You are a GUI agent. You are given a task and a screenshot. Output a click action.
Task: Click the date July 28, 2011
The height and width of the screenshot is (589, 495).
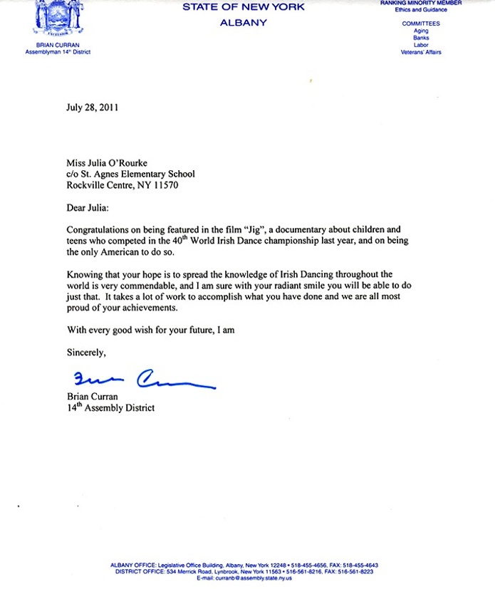92,108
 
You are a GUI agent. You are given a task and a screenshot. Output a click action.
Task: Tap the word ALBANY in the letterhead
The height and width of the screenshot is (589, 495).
244,23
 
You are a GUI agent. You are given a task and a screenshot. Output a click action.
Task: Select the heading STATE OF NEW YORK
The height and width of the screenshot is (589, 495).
244,7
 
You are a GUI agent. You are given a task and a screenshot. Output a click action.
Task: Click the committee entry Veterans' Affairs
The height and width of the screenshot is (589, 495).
421,52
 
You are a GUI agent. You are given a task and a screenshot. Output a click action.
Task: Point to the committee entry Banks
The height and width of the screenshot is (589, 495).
421,38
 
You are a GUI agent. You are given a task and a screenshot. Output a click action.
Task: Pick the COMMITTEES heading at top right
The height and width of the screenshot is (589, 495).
421,24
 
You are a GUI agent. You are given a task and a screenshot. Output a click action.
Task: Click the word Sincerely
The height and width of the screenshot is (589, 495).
86,352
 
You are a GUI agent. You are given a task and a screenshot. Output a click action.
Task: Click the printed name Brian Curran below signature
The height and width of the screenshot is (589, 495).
91,397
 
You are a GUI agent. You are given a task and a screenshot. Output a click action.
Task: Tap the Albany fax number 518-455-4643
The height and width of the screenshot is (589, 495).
360,565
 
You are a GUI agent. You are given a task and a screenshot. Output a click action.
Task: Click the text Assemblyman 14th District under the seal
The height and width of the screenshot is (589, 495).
58,52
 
